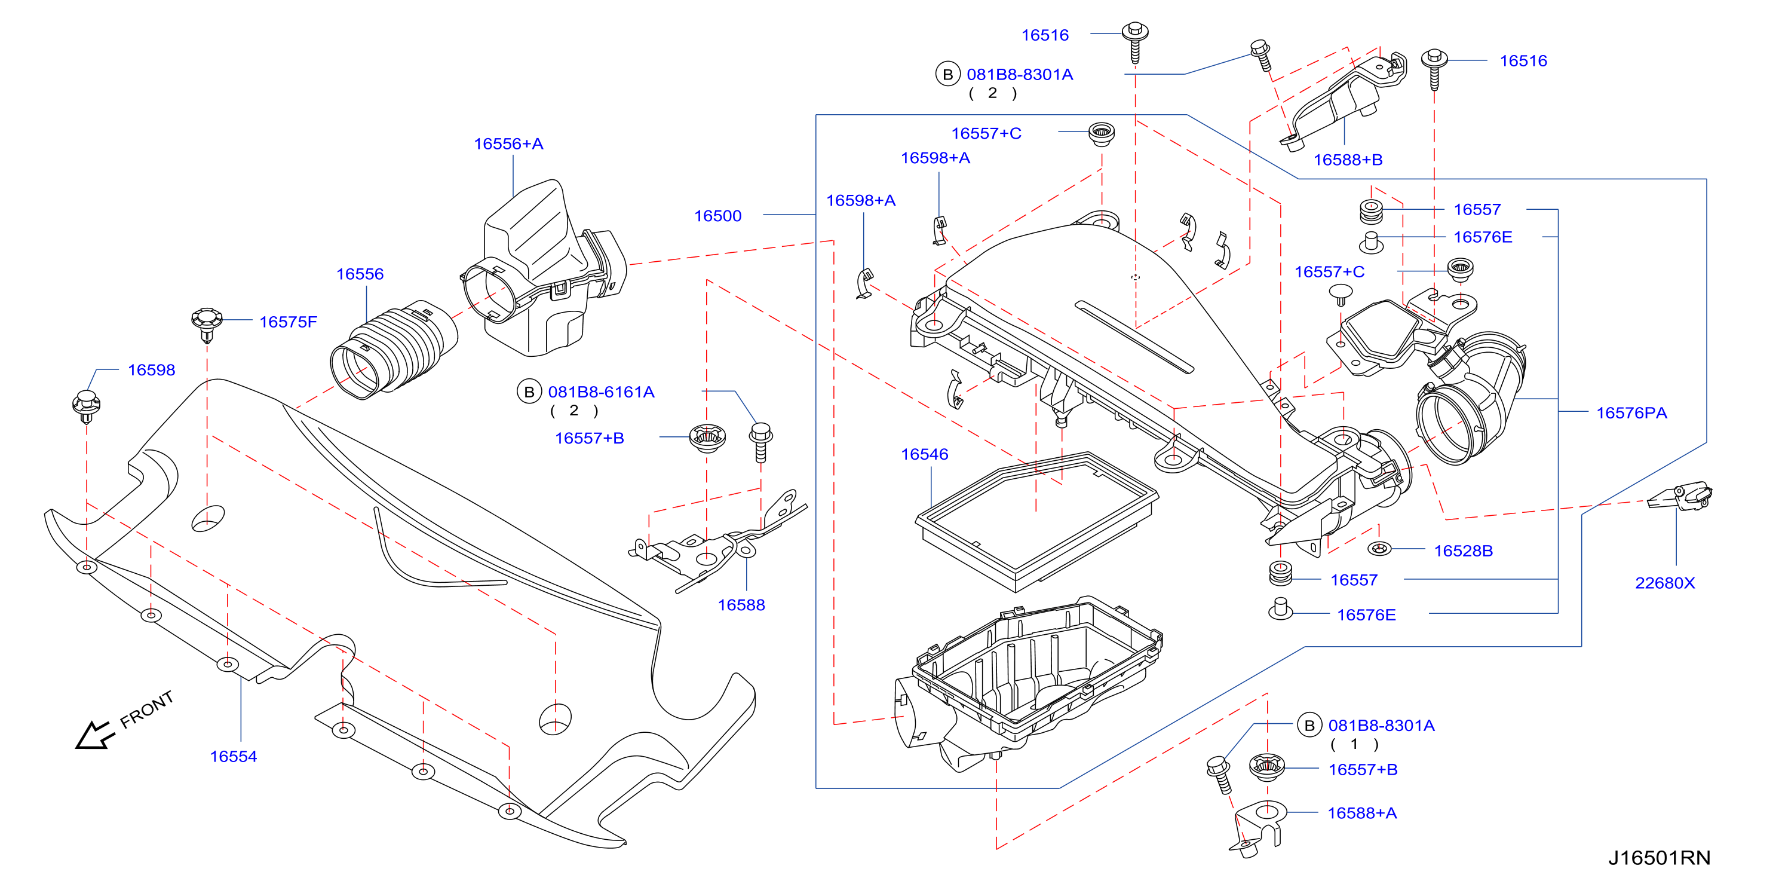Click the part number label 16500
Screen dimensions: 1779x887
click(717, 216)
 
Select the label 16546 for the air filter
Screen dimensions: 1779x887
click(924, 454)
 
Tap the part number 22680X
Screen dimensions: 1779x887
click(1664, 582)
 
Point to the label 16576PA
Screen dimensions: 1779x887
click(1631, 412)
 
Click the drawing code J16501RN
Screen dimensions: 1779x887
click(1659, 857)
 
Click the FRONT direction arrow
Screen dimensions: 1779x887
click(93, 736)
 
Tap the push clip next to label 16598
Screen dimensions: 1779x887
click(87, 406)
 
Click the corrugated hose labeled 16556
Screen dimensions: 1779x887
click(394, 350)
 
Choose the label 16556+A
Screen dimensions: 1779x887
click(508, 143)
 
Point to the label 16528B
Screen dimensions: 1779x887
click(1464, 550)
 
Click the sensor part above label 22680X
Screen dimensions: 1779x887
click(1680, 496)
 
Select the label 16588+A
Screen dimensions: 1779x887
click(1362, 813)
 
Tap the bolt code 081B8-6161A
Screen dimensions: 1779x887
click(601, 391)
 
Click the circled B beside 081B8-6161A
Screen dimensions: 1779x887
click(529, 391)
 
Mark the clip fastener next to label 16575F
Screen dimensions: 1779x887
click(206, 323)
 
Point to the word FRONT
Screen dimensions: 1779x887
click(146, 709)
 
